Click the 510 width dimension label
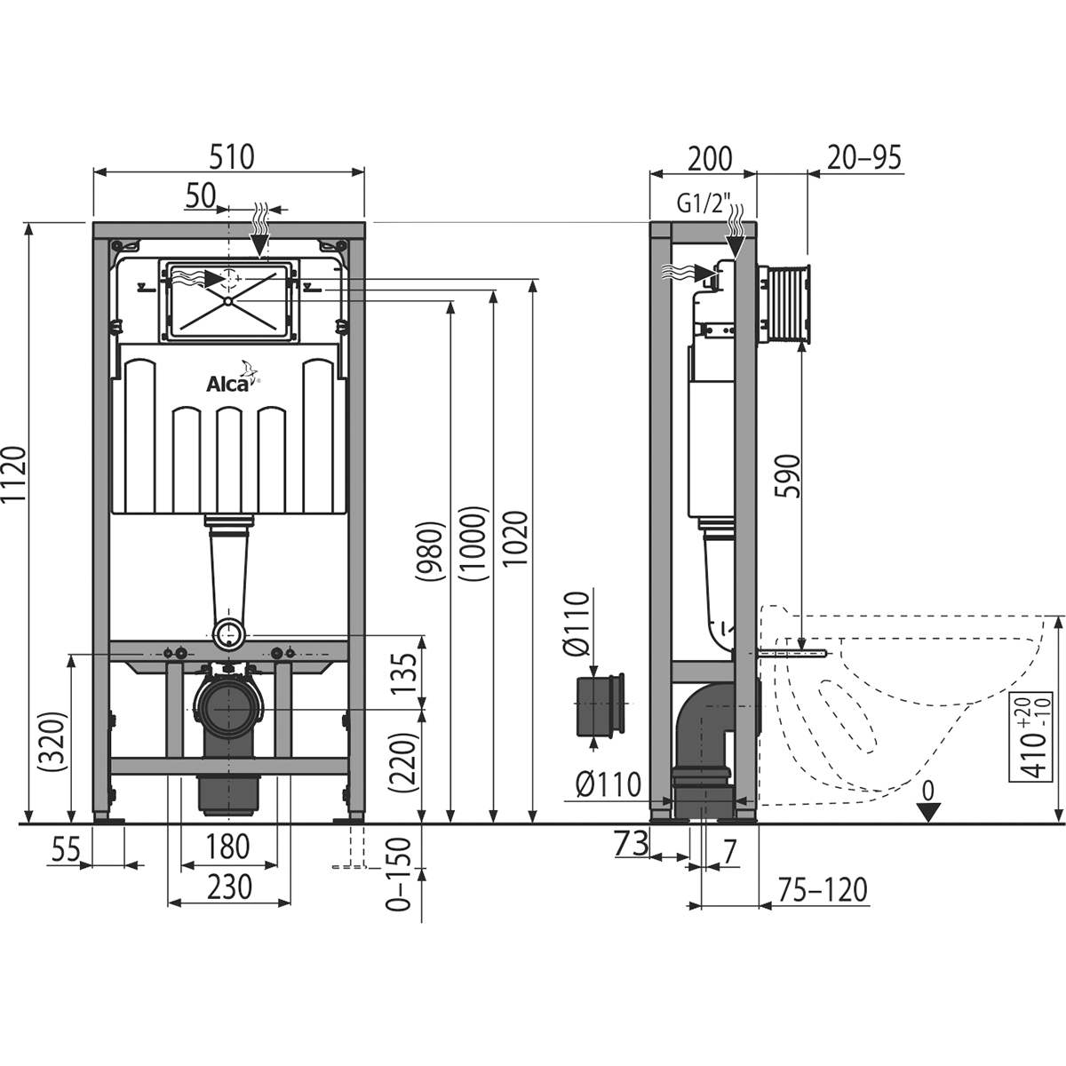[x=230, y=156]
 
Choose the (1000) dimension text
[x=474, y=545]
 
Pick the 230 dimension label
[x=229, y=887]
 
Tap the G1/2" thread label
[x=700, y=204]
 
